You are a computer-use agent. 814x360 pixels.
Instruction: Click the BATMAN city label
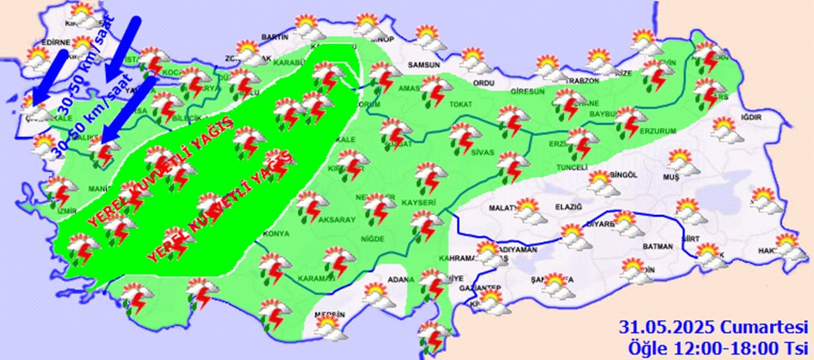[x=657, y=247]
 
